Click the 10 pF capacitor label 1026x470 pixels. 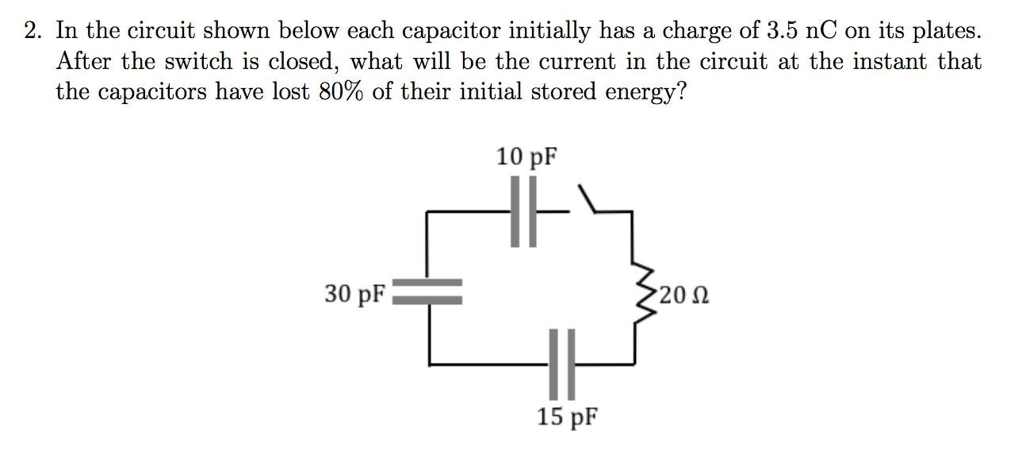pyautogui.click(x=526, y=157)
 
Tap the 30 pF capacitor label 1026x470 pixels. pyautogui.click(x=354, y=295)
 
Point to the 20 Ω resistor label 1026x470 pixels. pyautogui.click(x=683, y=295)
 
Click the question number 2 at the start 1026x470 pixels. pyautogui.click(x=32, y=32)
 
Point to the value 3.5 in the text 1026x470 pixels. pyautogui.click(x=785, y=31)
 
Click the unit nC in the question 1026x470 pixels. pyautogui.click(x=832, y=31)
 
